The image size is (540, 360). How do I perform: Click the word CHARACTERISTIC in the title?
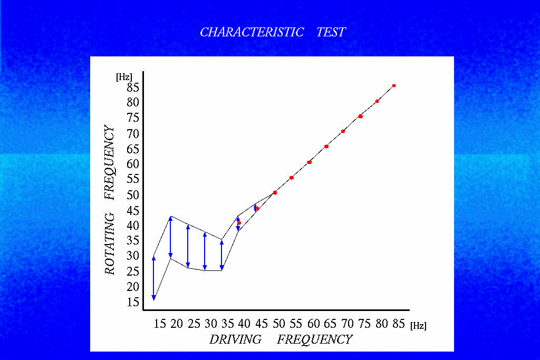(x=252, y=32)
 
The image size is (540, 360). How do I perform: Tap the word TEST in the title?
(x=331, y=32)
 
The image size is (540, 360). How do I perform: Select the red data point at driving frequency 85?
(x=394, y=85)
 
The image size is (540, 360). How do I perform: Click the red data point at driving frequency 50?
(x=275, y=193)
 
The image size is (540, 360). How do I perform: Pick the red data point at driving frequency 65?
(x=326, y=147)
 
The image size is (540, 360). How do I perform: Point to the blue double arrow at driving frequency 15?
(x=153, y=278)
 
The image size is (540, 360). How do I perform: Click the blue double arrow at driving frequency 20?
(x=170, y=238)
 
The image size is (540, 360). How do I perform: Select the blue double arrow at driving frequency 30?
(x=205, y=251)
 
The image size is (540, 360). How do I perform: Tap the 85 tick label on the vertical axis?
(x=132, y=87)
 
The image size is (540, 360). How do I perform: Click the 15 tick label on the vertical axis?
(x=132, y=302)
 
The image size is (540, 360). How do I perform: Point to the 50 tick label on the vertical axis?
(x=132, y=195)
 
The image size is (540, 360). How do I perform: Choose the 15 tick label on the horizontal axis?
(x=160, y=324)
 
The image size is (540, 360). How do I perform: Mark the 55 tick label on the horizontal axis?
(x=296, y=324)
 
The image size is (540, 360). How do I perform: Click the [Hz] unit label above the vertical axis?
(x=124, y=76)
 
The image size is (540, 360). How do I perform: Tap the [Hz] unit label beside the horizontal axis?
(x=418, y=326)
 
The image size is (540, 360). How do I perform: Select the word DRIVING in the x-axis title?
(x=235, y=339)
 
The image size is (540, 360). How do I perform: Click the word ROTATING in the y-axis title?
(x=110, y=244)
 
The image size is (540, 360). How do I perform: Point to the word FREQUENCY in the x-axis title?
(x=315, y=339)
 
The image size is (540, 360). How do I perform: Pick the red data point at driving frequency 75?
(x=360, y=116)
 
